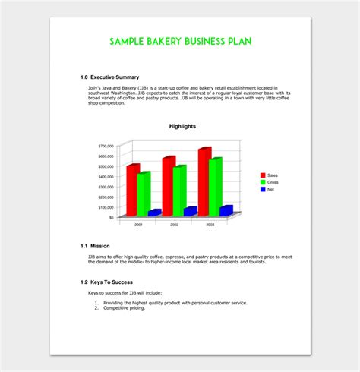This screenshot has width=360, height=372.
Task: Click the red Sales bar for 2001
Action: (x=134, y=190)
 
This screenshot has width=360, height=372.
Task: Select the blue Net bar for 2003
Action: (x=226, y=210)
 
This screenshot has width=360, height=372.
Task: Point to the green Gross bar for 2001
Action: (x=144, y=194)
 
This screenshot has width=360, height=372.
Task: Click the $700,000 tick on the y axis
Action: (x=106, y=145)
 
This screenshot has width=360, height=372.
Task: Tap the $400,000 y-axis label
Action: (x=106, y=176)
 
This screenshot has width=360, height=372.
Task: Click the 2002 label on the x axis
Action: (x=174, y=225)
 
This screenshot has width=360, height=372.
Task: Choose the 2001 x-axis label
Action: (x=138, y=225)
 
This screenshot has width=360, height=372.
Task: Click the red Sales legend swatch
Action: (x=262, y=175)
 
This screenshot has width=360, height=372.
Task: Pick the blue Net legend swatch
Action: (x=262, y=190)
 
